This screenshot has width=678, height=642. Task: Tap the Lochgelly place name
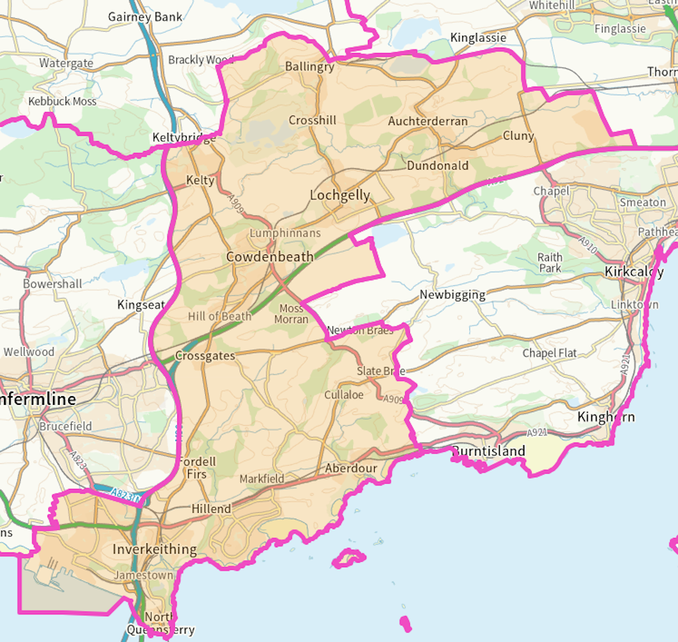[x=340, y=195]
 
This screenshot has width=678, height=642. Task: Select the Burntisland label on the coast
[x=489, y=451]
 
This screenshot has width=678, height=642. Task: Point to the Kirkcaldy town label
[x=634, y=272]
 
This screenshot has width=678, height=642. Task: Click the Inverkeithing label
[x=154, y=549]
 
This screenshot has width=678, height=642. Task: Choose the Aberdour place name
[x=350, y=468]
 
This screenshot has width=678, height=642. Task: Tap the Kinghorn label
[x=606, y=417]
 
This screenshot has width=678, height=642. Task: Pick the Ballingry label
[x=309, y=66]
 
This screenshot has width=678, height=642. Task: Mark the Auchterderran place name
[x=428, y=121]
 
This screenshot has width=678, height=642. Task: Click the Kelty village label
[x=200, y=180]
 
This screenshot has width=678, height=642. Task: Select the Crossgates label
[x=205, y=356]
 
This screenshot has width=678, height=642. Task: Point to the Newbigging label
[x=452, y=295]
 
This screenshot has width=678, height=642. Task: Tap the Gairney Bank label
[x=145, y=17]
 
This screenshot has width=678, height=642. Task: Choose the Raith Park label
[x=550, y=262]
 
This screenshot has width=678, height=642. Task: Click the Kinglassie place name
[x=478, y=38]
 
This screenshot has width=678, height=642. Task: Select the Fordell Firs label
[x=197, y=468]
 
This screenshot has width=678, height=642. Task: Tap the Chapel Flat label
[x=550, y=353]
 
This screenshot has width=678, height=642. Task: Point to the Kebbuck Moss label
[x=62, y=101]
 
